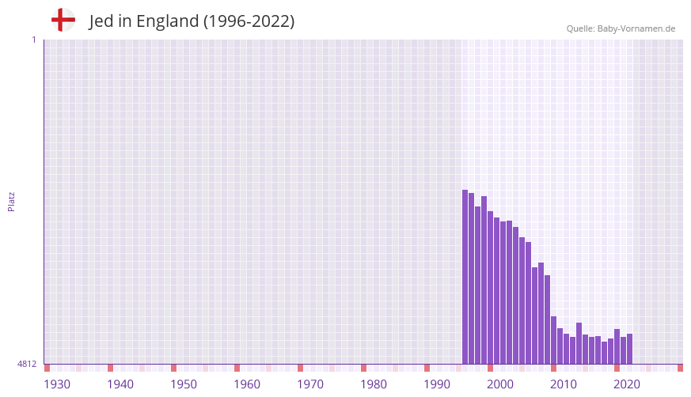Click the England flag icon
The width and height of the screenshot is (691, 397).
63,20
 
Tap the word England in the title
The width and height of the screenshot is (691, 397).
167,21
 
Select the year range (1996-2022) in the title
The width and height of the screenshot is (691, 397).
249,21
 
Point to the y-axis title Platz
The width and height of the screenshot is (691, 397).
11,201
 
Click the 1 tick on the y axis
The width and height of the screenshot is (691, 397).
33,40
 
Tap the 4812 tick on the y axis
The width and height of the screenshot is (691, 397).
27,364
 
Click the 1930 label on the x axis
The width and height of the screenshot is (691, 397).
57,384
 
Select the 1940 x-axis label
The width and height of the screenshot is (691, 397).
120,384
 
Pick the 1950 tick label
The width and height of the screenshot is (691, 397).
184,384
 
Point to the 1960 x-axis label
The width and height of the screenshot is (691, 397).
247,384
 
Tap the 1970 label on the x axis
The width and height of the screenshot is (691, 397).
310,384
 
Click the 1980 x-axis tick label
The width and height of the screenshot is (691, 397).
374,384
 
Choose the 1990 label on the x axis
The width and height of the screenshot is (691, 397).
437,384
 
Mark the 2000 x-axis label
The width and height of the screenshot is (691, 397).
500,384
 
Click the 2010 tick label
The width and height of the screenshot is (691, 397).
564,384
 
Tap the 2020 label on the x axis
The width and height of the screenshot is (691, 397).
627,384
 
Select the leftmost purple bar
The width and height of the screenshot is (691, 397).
465,277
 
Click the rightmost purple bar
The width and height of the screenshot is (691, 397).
629,349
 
